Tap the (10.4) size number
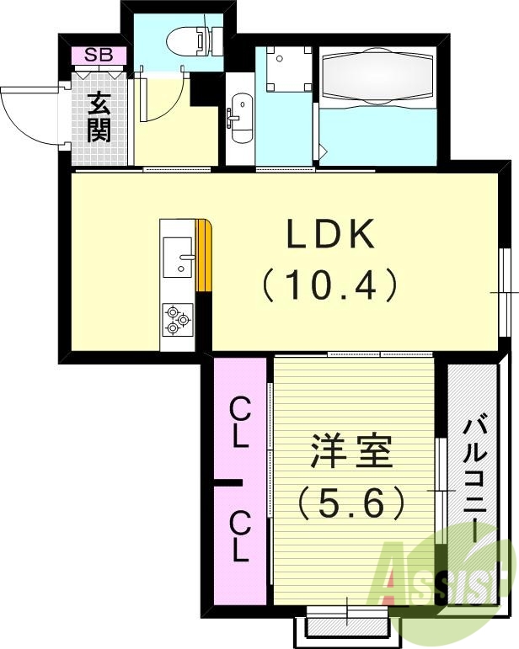(330, 287)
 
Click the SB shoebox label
(99, 56)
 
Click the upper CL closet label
(239, 423)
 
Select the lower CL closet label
(239, 540)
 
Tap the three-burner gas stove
(177, 321)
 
